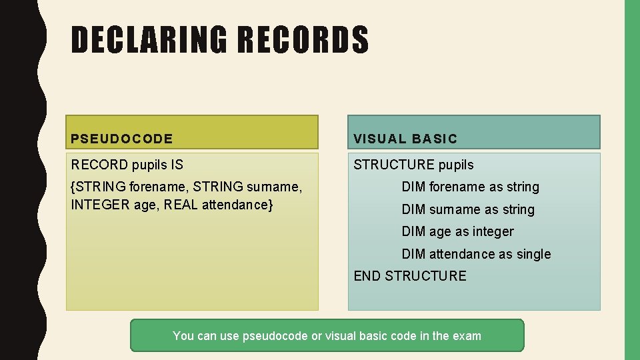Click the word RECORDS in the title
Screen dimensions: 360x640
point(303,39)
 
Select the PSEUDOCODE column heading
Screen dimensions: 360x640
point(122,139)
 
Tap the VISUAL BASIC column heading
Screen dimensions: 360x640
point(405,139)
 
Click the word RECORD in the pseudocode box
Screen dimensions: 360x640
point(99,165)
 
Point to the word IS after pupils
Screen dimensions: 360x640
point(176,165)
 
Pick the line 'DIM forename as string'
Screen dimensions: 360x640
point(470,187)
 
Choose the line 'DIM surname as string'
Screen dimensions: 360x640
point(468,210)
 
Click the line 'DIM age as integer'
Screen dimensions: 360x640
point(457,232)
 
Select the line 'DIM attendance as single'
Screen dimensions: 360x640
point(476,254)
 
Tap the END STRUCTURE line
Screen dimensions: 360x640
point(410,276)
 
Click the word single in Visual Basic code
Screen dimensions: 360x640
point(533,254)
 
